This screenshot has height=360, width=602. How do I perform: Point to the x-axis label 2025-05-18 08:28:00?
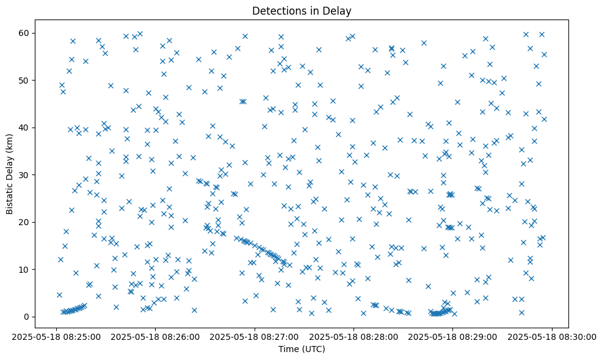(x=354, y=336)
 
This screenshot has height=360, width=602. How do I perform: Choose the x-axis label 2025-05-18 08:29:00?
(x=453, y=336)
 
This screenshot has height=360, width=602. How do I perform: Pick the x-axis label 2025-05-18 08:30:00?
(x=553, y=336)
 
